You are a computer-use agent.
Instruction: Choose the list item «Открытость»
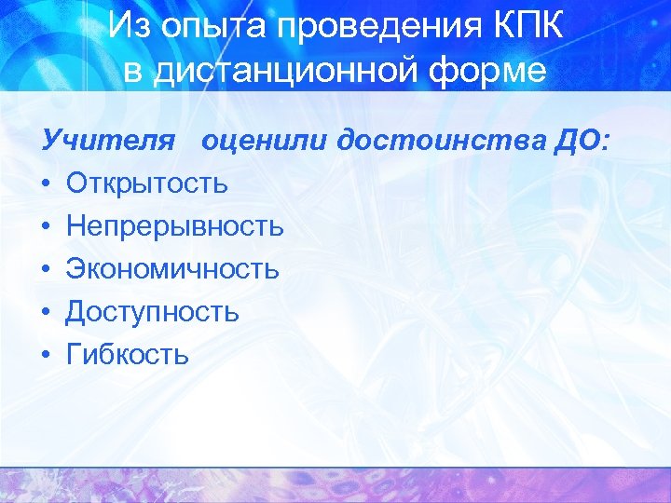[x=146, y=184]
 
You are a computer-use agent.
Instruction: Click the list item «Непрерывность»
[x=174, y=226]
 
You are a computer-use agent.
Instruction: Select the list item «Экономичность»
[x=171, y=269]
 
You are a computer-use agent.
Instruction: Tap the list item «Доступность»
[x=152, y=312]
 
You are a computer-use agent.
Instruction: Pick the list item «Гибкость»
[x=128, y=354]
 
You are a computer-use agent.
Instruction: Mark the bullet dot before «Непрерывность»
[x=47, y=227]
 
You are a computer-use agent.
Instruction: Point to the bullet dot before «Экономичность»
[x=47, y=270]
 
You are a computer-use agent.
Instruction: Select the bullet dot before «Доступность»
[x=47, y=313]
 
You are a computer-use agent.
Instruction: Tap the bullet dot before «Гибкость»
[x=47, y=356]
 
